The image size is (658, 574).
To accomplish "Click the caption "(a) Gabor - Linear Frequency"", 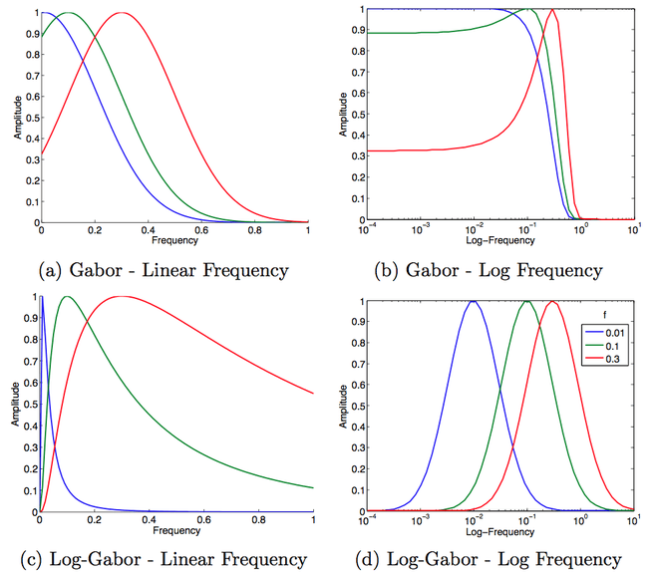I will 164,269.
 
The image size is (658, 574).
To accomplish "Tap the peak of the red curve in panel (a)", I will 121,13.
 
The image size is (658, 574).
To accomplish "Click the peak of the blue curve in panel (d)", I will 474,301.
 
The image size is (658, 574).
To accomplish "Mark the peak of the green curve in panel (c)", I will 67,297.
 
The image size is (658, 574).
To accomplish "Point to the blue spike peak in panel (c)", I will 43,297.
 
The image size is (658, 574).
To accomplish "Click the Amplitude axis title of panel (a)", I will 16,117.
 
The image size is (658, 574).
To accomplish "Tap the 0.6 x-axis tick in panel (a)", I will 200,231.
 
